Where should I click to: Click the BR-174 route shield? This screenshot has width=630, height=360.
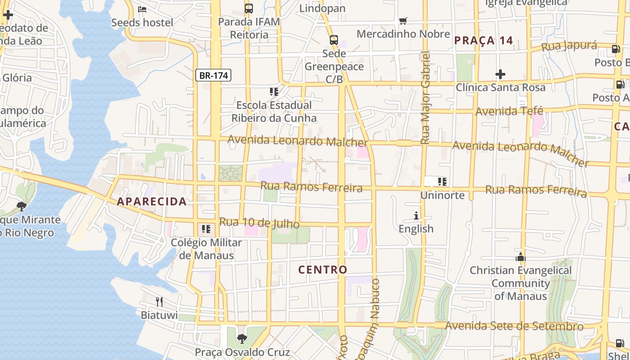pos(213,75)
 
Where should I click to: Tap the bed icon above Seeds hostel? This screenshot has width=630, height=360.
pos(142,9)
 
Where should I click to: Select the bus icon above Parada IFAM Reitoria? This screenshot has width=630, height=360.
pos(248,8)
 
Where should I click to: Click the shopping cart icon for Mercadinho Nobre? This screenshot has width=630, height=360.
pos(403,21)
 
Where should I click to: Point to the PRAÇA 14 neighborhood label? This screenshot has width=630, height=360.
pos(483,40)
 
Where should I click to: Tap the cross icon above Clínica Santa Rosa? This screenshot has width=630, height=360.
pos(500,74)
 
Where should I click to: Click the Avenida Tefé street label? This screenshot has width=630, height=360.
pos(509,111)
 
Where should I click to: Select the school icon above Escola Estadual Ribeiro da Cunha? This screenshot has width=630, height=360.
pos(274,92)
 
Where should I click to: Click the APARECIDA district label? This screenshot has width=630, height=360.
pos(152,202)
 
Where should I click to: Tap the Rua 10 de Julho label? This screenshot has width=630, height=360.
pos(259,223)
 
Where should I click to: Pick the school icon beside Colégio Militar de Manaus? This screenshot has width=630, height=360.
pos(206,229)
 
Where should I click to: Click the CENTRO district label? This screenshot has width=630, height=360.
pos(323,270)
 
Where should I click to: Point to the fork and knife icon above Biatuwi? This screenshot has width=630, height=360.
pos(159,301)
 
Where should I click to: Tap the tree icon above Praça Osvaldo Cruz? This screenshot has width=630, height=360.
pos(242,338)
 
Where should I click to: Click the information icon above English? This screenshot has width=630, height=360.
pos(416,216)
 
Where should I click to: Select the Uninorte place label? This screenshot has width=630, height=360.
pos(442,195)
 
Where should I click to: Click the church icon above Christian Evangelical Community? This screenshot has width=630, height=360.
pos(521,257)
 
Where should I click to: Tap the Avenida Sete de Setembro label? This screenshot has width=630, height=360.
pos(514,326)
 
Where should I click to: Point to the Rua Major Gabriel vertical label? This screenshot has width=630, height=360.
pos(426,98)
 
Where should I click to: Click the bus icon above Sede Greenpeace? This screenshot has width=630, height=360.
pos(333,40)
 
